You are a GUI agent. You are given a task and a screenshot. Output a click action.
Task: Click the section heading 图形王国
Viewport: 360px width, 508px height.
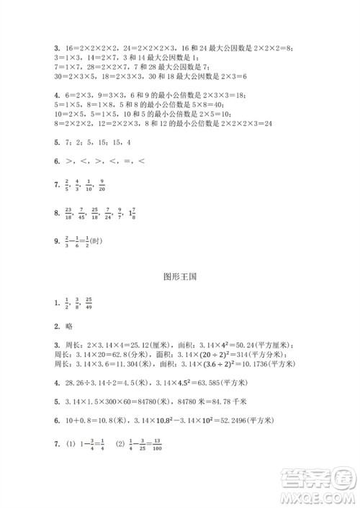[x=180, y=275]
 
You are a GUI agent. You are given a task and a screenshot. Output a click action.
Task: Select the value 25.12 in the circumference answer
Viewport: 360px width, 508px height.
[x=119, y=345]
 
